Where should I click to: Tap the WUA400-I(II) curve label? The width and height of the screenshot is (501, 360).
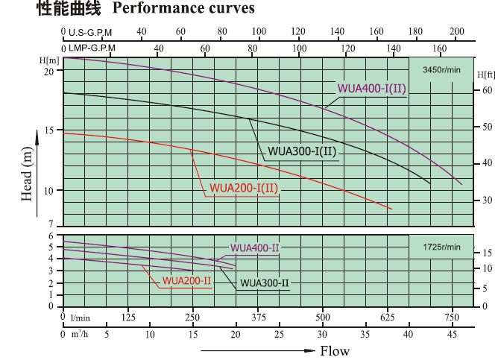[x=371, y=89]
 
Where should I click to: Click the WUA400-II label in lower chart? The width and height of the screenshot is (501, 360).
[x=255, y=247]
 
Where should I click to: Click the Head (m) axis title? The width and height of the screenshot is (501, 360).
[x=28, y=174]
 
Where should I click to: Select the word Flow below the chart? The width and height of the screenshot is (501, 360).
[x=334, y=351]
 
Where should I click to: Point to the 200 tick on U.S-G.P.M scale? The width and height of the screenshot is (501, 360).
[x=457, y=31]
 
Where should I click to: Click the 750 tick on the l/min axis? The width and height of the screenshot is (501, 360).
[x=452, y=317]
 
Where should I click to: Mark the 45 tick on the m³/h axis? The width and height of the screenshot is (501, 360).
[x=452, y=334]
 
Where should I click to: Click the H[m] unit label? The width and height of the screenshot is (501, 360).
[x=50, y=59]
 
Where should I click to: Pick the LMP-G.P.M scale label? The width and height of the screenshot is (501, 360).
[x=92, y=47]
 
